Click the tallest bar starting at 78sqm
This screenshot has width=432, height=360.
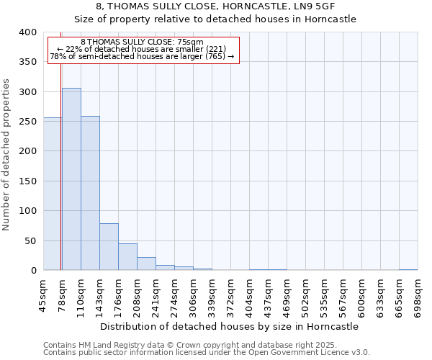tap(71, 179)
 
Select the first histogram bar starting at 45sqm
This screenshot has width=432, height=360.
tap(53, 194)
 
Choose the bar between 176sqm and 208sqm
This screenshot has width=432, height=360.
tap(127, 257)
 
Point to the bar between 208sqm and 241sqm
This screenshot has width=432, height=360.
tap(146, 264)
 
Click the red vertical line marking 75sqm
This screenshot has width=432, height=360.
tap(61, 166)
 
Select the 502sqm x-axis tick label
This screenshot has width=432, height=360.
tap(305, 297)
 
